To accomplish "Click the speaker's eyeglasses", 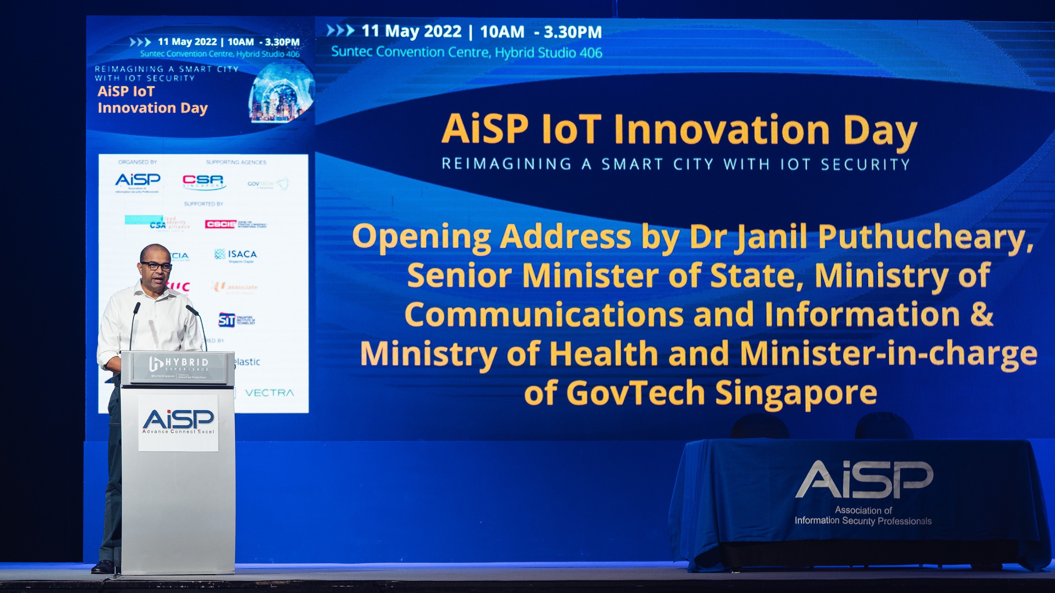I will tap(156, 266).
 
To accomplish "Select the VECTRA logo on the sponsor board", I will tap(269, 393).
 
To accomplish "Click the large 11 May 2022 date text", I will tap(411, 31).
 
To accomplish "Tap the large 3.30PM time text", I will tap(573, 32).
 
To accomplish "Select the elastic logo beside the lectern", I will tap(247, 362).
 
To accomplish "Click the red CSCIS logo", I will tap(220, 224).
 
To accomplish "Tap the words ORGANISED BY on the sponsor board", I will tap(138, 162).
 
